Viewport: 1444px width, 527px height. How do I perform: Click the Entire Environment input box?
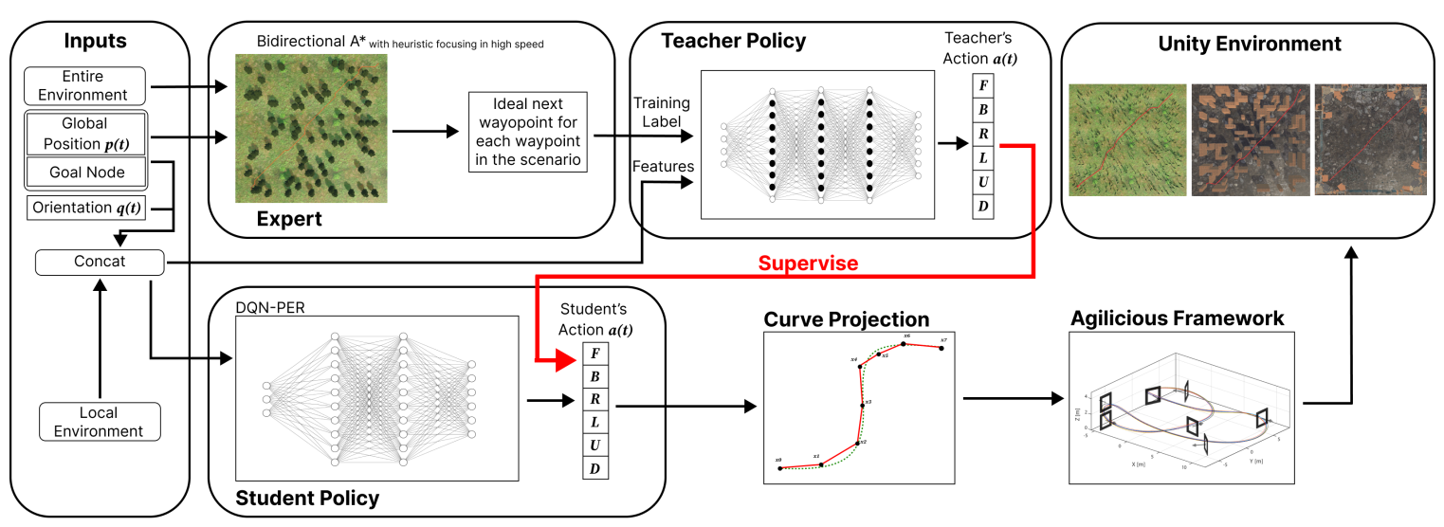point(84,86)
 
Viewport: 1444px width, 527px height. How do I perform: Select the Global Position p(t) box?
point(84,132)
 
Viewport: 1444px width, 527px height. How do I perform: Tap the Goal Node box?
point(84,172)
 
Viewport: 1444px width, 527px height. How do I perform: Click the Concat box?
point(99,261)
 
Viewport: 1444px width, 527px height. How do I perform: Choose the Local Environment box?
point(99,422)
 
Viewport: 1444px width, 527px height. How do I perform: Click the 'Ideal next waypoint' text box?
point(529,132)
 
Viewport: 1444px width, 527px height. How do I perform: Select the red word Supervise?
point(809,263)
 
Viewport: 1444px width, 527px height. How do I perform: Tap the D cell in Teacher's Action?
point(983,206)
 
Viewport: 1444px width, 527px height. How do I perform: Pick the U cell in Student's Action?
point(594,445)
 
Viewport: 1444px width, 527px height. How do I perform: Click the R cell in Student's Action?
point(594,399)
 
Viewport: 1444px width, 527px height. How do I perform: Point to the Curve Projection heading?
point(846,318)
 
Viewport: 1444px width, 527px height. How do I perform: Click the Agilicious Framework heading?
point(1177,318)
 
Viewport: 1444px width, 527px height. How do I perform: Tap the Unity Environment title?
point(1249,44)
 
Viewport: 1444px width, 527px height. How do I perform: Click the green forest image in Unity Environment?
point(1127,139)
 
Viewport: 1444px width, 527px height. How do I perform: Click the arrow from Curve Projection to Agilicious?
point(1010,397)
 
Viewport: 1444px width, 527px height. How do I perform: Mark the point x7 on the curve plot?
point(941,348)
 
